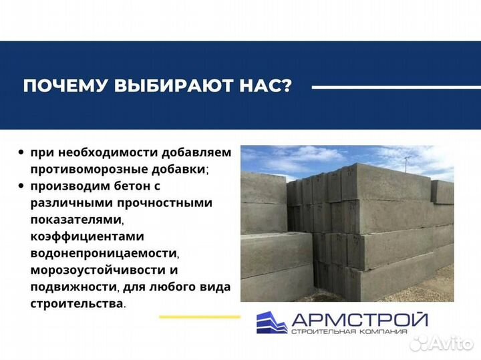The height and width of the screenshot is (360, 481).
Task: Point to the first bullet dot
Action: click(22, 153)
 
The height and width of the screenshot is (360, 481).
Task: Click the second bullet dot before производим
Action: click(22, 186)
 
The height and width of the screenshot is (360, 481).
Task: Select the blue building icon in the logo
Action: click(271, 323)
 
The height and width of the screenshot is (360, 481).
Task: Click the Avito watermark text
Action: click(449, 343)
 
